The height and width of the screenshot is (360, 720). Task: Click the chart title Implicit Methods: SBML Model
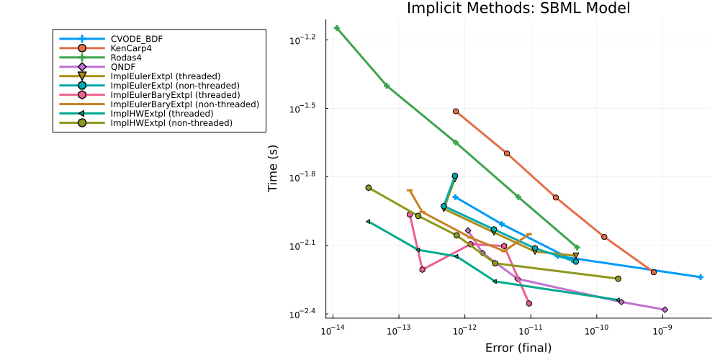click(518, 9)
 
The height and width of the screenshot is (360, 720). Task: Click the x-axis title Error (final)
click(518, 348)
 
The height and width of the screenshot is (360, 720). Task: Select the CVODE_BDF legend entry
click(135, 38)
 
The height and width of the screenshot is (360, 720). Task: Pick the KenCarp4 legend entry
click(130, 48)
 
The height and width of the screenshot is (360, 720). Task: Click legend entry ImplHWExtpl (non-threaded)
click(171, 123)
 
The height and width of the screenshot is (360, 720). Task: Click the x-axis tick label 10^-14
click(332, 329)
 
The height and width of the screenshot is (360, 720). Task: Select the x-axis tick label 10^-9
click(662, 329)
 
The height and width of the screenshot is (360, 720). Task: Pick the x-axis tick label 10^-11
click(531, 329)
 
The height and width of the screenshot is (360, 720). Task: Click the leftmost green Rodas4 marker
click(337, 28)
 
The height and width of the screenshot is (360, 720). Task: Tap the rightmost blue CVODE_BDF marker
click(701, 277)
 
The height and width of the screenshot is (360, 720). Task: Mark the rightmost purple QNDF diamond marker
click(665, 310)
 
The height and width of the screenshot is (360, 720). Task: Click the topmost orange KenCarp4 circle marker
click(456, 111)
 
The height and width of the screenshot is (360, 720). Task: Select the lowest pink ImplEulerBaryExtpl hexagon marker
click(529, 304)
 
